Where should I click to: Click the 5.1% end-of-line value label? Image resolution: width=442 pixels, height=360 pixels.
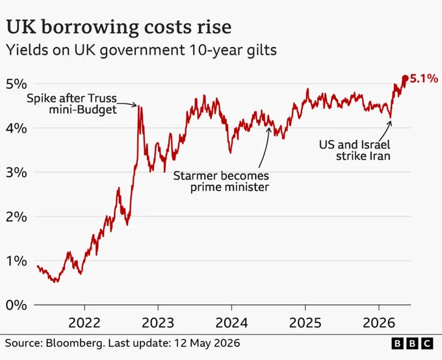tap(424, 79)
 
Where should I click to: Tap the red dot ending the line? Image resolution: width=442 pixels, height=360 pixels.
tap(405, 78)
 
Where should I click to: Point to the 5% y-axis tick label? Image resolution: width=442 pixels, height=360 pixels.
tap(16, 84)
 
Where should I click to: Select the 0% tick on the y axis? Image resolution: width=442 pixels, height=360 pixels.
tap(16, 305)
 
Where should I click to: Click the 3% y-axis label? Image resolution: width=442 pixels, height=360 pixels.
tap(16, 173)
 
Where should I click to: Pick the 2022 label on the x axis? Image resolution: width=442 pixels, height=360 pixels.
tap(84, 322)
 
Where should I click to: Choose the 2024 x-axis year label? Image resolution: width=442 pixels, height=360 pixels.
tap(231, 322)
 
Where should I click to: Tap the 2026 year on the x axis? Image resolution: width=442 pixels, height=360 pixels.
tap(379, 322)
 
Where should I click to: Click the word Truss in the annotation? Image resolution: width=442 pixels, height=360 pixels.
tap(102, 98)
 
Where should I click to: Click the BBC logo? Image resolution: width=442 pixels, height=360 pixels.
tap(412, 343)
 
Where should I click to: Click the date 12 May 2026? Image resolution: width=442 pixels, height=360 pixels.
tap(207, 343)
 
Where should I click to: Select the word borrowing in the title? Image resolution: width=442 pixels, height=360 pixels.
tap(90, 28)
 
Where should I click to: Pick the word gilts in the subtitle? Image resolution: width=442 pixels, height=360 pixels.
tap(262, 50)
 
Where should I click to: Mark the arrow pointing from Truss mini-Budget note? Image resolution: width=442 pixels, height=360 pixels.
tap(127, 105)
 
